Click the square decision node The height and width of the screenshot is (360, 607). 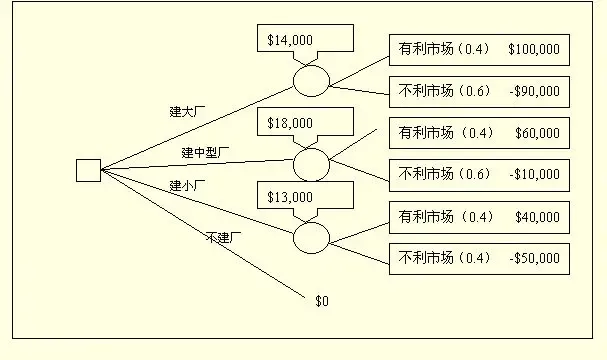[88, 171]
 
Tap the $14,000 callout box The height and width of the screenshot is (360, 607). [290, 41]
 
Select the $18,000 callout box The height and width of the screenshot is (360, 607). [290, 123]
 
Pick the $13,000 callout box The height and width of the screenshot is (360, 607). [290, 197]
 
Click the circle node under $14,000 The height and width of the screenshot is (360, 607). [311, 79]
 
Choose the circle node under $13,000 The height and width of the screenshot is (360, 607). [311, 236]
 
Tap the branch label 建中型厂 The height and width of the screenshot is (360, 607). [206, 152]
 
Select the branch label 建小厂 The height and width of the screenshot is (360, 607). [188, 186]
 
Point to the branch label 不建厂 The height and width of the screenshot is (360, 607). [225, 237]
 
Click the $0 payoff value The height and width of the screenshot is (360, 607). [321, 300]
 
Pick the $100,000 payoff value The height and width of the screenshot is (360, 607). [533, 48]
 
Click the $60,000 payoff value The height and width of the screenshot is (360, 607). [537, 131]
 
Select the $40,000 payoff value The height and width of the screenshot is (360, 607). [537, 216]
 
